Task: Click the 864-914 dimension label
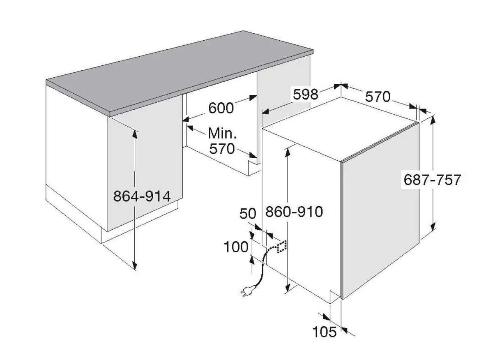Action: tap(142, 196)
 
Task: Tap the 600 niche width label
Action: tap(221, 108)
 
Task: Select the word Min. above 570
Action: tap(222, 133)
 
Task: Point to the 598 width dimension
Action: tap(306, 94)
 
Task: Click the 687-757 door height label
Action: tap(432, 180)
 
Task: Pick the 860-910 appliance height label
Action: tap(294, 212)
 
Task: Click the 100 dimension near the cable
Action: tap(236, 247)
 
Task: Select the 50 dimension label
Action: tap(248, 213)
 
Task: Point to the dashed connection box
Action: tap(282, 247)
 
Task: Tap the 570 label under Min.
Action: tap(222, 149)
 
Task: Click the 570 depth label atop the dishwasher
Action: tap(378, 97)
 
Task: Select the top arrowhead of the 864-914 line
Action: tap(135, 134)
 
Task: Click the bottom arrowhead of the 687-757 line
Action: tap(433, 226)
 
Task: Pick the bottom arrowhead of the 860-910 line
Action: tap(288, 288)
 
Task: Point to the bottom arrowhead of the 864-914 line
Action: tap(135, 265)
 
